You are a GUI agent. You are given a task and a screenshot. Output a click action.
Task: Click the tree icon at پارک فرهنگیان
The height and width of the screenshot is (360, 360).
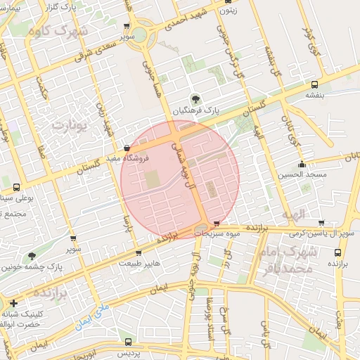click(195, 98)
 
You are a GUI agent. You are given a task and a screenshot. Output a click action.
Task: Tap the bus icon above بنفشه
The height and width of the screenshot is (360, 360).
click(314, 85)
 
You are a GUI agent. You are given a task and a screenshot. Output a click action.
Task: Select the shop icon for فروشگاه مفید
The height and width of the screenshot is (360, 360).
click(126, 149)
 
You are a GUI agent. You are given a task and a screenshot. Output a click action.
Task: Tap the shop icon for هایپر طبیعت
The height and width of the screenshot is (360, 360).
click(139, 253)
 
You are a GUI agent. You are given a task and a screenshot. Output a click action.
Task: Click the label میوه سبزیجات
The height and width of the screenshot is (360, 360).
click(218, 232)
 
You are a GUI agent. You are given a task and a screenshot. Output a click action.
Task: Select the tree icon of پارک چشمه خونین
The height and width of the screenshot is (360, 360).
click(31, 257)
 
